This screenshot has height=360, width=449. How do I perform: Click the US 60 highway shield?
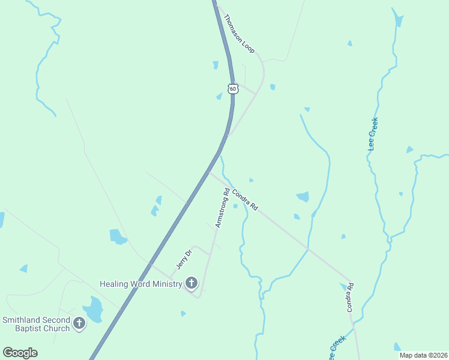click(233, 89)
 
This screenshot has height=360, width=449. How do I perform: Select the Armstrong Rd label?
click(222, 208)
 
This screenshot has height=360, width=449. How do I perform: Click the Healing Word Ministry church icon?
click(191, 283)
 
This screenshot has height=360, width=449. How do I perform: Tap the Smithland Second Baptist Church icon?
click(79, 325)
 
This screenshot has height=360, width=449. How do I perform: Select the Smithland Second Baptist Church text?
click(36, 325)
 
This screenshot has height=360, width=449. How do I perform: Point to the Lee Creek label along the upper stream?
click(373, 134)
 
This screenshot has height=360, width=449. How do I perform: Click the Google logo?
click(20, 353)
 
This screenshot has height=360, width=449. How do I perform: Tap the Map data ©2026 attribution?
click(424, 355)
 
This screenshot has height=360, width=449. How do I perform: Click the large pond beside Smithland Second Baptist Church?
click(93, 310)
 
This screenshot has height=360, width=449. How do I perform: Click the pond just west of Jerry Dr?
click(118, 236)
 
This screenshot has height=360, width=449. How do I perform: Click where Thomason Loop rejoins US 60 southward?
click(227, 136)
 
